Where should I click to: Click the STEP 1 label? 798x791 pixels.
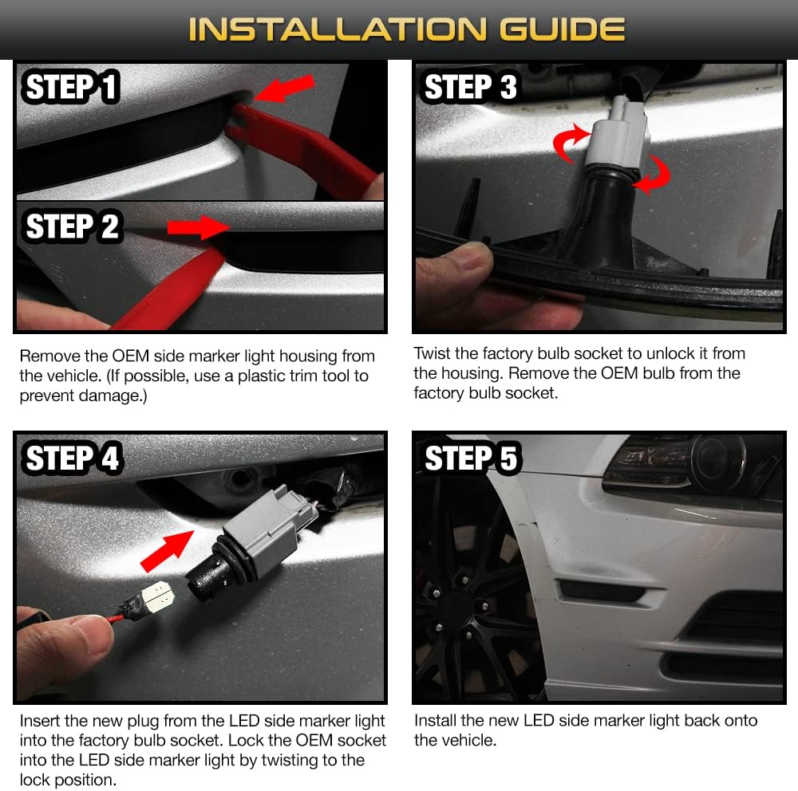(x=70, y=86)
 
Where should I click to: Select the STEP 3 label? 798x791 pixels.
(x=470, y=86)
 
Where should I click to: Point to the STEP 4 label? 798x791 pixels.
(x=72, y=458)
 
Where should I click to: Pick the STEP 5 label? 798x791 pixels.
(x=470, y=458)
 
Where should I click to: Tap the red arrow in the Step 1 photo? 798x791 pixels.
(x=285, y=88)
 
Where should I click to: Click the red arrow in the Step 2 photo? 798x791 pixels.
(x=199, y=227)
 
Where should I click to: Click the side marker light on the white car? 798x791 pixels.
(x=602, y=591)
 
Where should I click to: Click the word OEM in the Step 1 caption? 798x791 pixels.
(x=130, y=356)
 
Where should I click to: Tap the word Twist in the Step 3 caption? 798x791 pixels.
(x=431, y=353)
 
